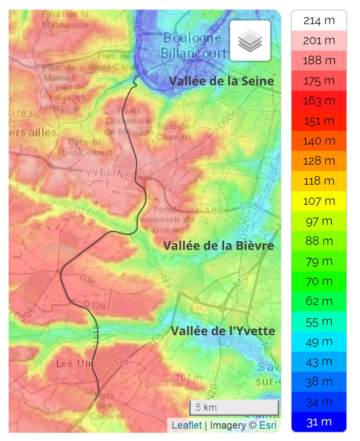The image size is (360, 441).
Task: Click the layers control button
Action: [x=250, y=41]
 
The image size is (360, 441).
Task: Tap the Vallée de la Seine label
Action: [x=221, y=81]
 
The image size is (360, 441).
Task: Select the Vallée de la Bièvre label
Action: [x=218, y=246]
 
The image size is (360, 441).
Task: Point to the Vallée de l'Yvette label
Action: [x=223, y=331]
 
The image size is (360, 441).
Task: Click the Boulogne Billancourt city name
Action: [x=193, y=45]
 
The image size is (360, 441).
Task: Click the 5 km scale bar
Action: [x=234, y=407]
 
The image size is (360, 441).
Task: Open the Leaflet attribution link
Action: [x=187, y=425]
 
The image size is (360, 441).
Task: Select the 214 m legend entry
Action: [x=319, y=21]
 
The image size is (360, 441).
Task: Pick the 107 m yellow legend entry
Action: [x=319, y=201]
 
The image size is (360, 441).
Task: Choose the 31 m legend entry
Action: [x=319, y=422]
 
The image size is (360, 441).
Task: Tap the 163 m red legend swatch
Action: [x=319, y=101]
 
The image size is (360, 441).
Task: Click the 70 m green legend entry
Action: [x=319, y=281]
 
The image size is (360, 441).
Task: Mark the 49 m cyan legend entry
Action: [x=319, y=342]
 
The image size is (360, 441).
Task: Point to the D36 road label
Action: [x=87, y=280]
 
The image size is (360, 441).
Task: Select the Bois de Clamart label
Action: [x=173, y=131]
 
